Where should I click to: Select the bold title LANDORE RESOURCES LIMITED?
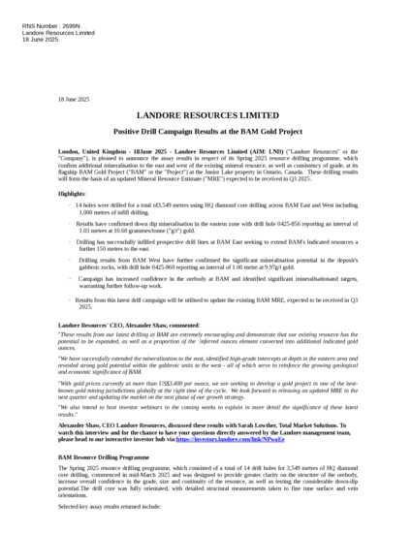tap(206, 113)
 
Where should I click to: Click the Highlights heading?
tap(72, 194)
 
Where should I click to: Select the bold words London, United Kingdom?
tap(94, 153)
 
